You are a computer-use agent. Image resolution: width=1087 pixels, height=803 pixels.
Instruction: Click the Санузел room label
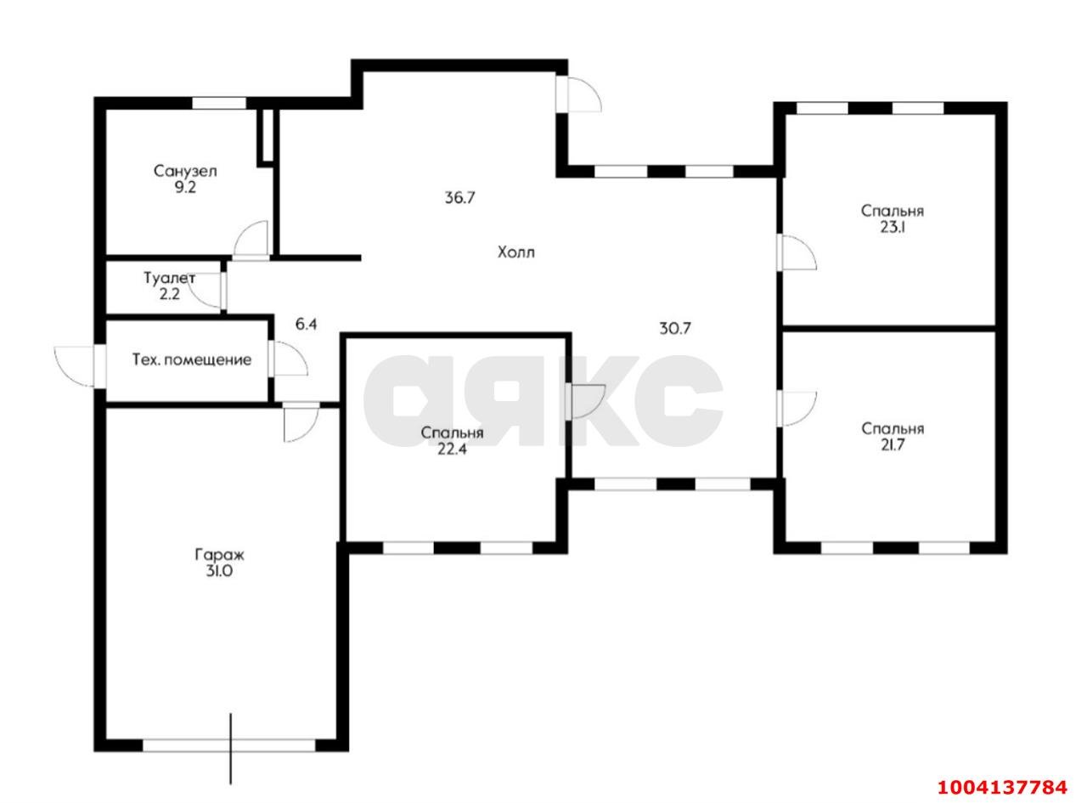tap(185, 172)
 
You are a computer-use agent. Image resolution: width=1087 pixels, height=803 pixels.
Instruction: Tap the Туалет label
tap(170, 278)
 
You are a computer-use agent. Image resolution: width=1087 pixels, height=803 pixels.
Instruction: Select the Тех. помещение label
tap(192, 360)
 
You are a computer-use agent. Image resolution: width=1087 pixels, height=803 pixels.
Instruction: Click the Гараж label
tap(219, 555)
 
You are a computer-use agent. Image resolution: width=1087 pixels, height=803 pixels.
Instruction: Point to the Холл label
tap(515, 252)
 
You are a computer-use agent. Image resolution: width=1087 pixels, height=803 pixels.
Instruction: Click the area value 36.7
tap(459, 198)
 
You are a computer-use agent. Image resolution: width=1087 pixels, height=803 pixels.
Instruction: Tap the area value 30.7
tap(675, 329)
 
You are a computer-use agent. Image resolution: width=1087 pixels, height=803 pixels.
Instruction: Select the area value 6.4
tap(306, 325)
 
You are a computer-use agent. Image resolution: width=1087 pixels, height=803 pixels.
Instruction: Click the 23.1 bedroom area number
tap(892, 228)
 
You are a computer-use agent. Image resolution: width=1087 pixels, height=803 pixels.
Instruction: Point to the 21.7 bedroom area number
tap(893, 445)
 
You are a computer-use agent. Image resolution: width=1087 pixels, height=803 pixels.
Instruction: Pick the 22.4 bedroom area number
tap(452, 450)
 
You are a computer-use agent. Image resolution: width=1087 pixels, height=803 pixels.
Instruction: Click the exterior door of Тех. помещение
tap(75, 366)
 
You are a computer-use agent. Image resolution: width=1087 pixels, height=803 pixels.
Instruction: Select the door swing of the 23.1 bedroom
tap(797, 252)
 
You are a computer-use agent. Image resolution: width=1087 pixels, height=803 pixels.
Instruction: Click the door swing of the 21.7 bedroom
tap(797, 409)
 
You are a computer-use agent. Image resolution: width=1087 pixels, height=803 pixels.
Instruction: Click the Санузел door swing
tap(251, 240)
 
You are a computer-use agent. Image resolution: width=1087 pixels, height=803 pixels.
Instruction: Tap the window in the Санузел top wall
tap(218, 103)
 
